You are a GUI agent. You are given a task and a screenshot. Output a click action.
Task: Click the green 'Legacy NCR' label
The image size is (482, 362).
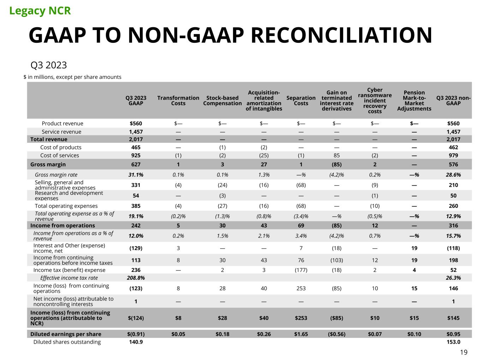click(40, 11)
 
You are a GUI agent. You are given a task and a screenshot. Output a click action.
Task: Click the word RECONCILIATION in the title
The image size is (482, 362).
click(341, 35)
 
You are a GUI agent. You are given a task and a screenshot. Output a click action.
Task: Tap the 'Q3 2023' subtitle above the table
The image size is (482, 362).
click(49, 65)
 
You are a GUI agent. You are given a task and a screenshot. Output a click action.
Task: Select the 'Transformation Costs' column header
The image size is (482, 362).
click(178, 100)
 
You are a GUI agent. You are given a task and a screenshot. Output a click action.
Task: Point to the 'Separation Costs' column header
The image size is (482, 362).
click(301, 100)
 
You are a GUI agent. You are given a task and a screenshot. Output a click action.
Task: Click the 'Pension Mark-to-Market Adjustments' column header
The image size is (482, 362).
click(414, 100)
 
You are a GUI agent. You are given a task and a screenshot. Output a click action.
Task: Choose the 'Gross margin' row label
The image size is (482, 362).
click(48, 164)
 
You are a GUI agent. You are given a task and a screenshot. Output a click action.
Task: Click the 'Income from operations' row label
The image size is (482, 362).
click(63, 226)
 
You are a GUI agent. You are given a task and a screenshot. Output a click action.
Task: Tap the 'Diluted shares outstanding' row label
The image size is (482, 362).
click(67, 342)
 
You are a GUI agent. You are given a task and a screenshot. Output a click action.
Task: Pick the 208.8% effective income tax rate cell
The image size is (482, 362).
click(136, 278)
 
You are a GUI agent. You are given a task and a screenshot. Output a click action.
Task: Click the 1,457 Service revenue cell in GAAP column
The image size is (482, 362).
click(136, 132)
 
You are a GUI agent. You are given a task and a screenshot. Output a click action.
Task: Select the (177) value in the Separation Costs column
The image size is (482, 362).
click(301, 270)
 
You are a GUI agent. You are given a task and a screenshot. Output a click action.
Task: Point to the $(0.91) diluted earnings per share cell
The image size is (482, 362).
click(136, 334)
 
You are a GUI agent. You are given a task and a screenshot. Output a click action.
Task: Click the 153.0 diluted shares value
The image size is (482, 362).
click(453, 342)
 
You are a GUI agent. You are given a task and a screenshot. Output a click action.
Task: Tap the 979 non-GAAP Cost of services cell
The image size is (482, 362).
click(453, 156)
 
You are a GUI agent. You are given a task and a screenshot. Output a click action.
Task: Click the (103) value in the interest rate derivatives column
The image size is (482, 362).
click(337, 260)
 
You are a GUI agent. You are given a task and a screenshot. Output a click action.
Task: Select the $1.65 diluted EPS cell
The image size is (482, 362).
click(301, 334)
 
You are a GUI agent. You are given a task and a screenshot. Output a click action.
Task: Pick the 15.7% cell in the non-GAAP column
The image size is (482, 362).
click(453, 236)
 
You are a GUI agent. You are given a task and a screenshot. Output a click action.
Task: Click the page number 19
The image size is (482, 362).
click(464, 352)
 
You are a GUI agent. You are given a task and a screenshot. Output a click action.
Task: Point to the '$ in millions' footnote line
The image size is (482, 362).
click(72, 77)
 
